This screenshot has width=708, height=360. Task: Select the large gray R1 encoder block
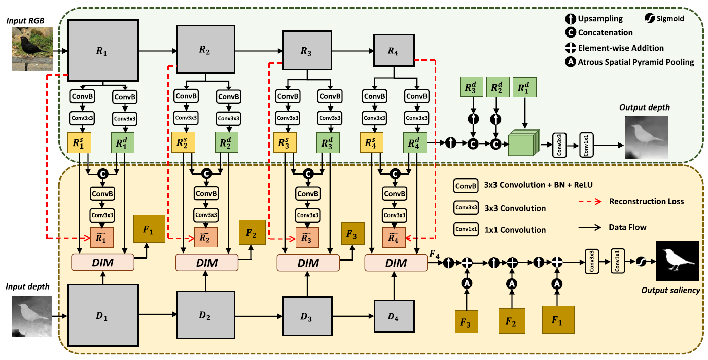click(x=103, y=50)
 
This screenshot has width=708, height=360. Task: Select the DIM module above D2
click(x=206, y=263)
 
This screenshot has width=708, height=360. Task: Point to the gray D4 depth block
click(x=394, y=317)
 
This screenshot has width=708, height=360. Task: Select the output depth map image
click(x=646, y=137)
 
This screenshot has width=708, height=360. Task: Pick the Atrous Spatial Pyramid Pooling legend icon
click(x=570, y=62)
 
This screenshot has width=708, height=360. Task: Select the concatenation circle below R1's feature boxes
click(x=103, y=173)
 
